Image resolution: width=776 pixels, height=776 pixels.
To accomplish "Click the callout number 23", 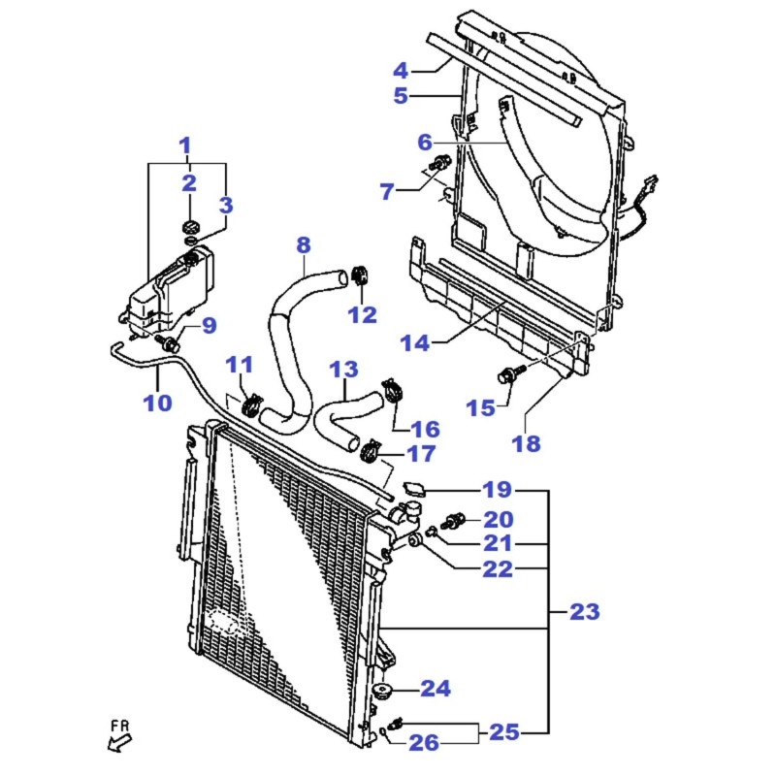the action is (x=585, y=612).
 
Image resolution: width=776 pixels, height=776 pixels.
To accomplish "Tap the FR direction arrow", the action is (x=119, y=743).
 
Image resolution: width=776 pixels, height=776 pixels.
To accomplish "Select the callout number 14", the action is (x=415, y=343).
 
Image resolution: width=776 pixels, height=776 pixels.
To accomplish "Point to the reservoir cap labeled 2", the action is (x=190, y=227).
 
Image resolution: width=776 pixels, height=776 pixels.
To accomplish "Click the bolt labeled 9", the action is (x=167, y=342).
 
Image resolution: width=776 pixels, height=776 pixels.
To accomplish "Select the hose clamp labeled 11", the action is (x=252, y=404).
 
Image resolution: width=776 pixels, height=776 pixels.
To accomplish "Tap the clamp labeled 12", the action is (x=360, y=275).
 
